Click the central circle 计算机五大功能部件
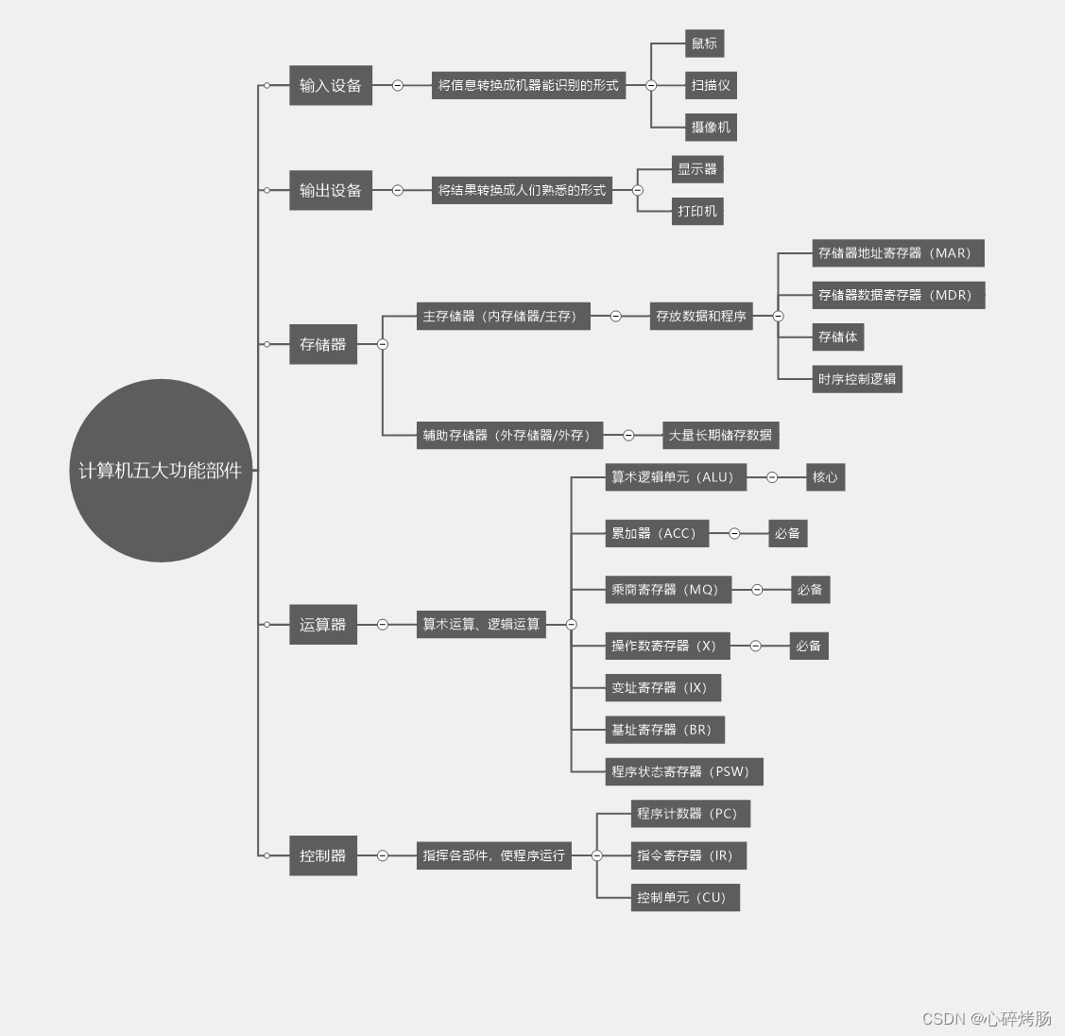[161, 471]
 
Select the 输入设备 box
[330, 85]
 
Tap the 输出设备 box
[330, 190]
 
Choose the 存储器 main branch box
[322, 344]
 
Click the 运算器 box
[322, 624]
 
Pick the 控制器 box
[322, 855]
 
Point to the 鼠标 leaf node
[704, 43]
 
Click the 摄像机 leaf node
[710, 127]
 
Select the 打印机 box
[696, 211]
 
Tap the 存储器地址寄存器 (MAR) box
[898, 253]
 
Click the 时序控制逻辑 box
[856, 379]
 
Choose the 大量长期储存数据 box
[720, 435]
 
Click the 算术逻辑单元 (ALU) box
[676, 477]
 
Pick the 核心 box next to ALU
[825, 477]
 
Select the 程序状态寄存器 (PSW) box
[683, 771]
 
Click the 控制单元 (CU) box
[684, 897]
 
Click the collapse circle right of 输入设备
[398, 85]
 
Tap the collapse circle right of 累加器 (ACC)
[734, 533]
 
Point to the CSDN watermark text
[986, 1018]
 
